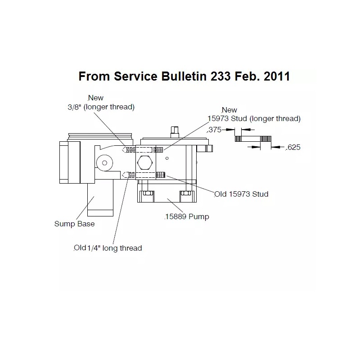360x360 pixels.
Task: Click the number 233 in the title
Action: click(x=220, y=76)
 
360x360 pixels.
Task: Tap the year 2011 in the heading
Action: click(x=277, y=76)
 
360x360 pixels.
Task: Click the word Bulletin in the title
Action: click(x=184, y=76)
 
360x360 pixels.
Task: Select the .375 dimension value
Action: click(x=215, y=130)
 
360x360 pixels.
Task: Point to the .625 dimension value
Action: click(x=293, y=147)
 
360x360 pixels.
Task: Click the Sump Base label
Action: click(x=74, y=224)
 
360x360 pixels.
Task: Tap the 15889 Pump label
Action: click(x=187, y=217)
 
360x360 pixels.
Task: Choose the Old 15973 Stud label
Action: click(x=241, y=194)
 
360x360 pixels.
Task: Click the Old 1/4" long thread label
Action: click(x=108, y=248)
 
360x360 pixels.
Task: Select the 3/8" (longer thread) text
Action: click(x=101, y=107)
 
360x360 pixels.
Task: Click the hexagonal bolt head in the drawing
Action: click(x=145, y=163)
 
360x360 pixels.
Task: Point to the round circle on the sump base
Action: click(x=104, y=163)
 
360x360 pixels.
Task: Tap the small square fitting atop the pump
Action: click(x=175, y=132)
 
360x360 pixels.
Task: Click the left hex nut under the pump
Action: click(x=148, y=193)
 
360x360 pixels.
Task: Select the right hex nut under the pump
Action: click(x=186, y=193)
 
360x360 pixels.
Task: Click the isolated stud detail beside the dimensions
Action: click(x=253, y=139)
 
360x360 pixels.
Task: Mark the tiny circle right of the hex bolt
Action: click(x=167, y=158)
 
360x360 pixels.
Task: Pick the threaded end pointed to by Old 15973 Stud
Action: click(x=161, y=175)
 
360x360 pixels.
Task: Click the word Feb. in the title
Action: click(x=247, y=76)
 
